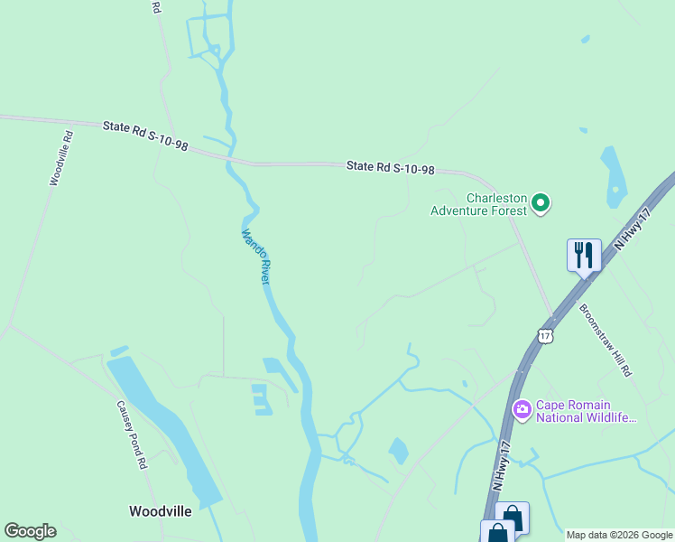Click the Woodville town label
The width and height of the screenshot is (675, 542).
tap(160, 511)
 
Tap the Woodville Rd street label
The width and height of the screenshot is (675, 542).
tap(61, 159)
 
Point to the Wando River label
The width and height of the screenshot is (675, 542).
tap(255, 257)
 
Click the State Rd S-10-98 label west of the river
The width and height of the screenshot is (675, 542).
tap(145, 135)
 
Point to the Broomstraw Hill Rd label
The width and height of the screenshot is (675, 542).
tap(606, 340)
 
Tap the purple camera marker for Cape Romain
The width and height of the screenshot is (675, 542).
tap(522, 410)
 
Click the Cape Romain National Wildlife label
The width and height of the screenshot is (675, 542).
tap(587, 412)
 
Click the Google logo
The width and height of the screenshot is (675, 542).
tap(30, 531)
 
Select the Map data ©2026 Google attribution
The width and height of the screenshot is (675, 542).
tap(618, 535)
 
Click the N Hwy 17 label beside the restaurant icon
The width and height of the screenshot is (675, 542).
tap(632, 230)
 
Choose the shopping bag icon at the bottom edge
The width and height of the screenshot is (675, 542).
tap(512, 519)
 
